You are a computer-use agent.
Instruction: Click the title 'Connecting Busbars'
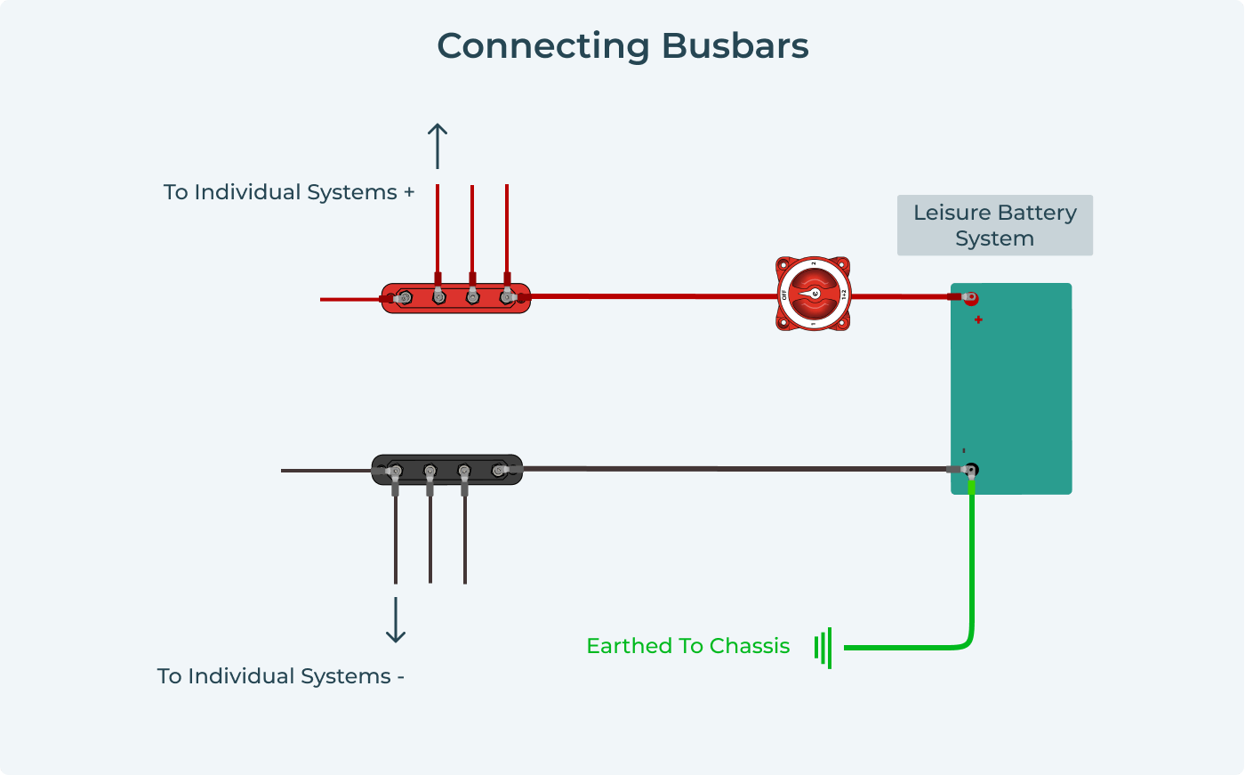[x=622, y=46]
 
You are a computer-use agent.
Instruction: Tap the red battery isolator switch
[x=813, y=294]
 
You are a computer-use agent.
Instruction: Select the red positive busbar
[x=455, y=298]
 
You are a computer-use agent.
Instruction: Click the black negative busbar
[x=446, y=470]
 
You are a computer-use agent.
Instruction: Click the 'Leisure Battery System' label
[x=994, y=225]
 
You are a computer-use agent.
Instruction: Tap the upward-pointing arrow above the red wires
[x=437, y=145]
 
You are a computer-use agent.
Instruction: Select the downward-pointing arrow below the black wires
[x=396, y=620]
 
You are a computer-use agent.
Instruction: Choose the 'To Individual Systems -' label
[x=281, y=676]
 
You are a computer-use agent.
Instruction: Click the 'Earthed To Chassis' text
[x=687, y=646]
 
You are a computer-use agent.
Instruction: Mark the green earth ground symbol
[x=823, y=647]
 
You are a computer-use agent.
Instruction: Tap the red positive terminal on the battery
[x=971, y=298]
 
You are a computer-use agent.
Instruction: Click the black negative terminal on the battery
[x=971, y=469]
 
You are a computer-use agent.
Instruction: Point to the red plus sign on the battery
[x=978, y=319]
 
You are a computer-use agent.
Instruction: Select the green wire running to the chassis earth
[x=972, y=569]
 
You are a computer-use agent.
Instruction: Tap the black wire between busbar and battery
[x=738, y=468]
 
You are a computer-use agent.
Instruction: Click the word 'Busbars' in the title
[x=735, y=46]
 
